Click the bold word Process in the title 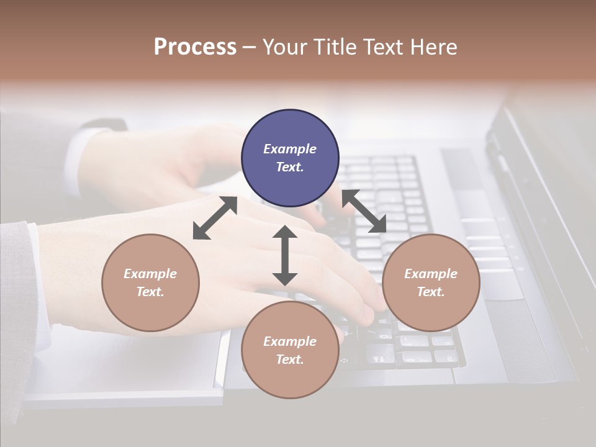195,47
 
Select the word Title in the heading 336,47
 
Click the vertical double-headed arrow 285,256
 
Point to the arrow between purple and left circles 215,218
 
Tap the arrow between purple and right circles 364,212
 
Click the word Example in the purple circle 290,149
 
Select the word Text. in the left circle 150,292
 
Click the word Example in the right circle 431,274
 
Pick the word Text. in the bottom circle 290,359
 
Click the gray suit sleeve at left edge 16,310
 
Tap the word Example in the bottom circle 290,341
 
